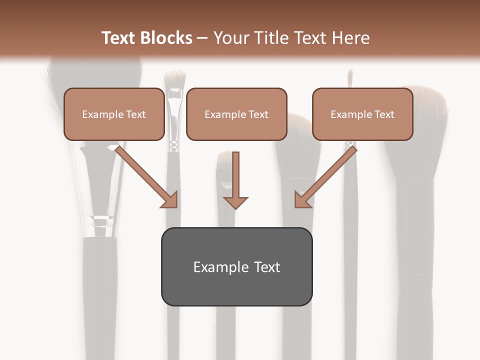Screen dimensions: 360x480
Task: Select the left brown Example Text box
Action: [114, 114]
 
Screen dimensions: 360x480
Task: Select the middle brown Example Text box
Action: [236, 114]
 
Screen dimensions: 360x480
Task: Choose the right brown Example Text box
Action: [362, 114]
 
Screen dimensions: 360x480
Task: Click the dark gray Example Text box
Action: [236, 266]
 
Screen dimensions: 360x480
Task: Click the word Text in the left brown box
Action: [136, 114]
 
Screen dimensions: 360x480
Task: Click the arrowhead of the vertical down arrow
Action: [235, 202]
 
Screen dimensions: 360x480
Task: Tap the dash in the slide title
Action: [203, 38]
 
